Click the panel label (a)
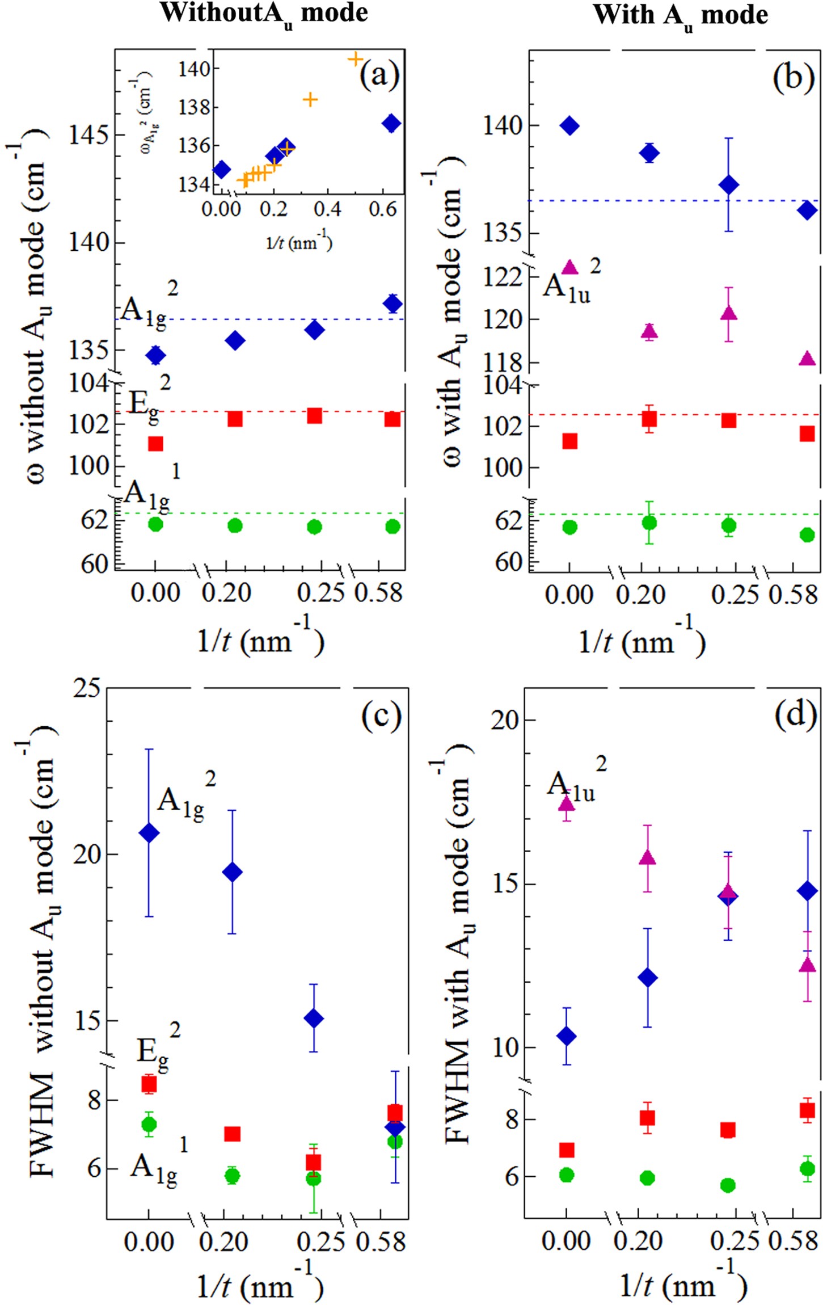(379, 74)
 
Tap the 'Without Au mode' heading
(264, 12)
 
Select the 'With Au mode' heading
(680, 15)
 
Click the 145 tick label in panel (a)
(88, 135)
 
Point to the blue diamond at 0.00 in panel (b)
(569, 126)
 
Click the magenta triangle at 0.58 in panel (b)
(807, 359)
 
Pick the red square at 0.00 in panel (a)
(155, 444)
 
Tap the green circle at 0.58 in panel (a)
(392, 527)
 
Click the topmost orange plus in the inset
(355, 59)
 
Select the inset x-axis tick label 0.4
(327, 209)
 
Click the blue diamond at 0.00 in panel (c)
(149, 833)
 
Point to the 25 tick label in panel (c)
(87, 688)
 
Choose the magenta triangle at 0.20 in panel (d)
(647, 857)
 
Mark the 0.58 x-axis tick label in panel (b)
(793, 595)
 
